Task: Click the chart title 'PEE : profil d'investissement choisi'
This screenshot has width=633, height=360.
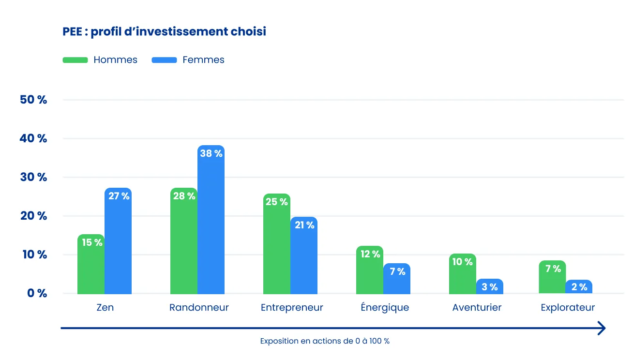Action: click(164, 32)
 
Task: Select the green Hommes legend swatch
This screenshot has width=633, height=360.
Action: click(75, 60)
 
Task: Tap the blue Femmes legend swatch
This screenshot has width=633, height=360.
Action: click(164, 60)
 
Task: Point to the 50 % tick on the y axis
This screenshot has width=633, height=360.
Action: click(33, 100)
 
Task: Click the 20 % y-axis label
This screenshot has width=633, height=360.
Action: click(33, 216)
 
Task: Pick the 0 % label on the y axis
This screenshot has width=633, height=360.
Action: click(33, 293)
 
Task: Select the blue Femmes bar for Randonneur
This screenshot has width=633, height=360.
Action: click(211, 223)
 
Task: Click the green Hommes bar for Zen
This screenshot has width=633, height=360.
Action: click(91, 266)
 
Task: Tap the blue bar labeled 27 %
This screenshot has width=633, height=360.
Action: click(118, 242)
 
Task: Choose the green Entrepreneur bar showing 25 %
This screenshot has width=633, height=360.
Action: click(277, 247)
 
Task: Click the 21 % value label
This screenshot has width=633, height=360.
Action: click(304, 225)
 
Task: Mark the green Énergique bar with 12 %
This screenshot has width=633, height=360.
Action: click(370, 271)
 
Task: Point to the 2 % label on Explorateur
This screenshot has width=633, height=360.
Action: click(579, 287)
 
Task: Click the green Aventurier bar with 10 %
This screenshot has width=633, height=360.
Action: click(463, 276)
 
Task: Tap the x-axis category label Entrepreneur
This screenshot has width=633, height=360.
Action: click(292, 308)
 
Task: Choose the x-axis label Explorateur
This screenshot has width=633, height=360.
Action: click(568, 308)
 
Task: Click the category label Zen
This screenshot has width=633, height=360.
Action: click(105, 308)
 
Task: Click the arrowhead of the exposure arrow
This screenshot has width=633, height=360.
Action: click(602, 328)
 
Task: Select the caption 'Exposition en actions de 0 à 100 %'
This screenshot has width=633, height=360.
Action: click(325, 341)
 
